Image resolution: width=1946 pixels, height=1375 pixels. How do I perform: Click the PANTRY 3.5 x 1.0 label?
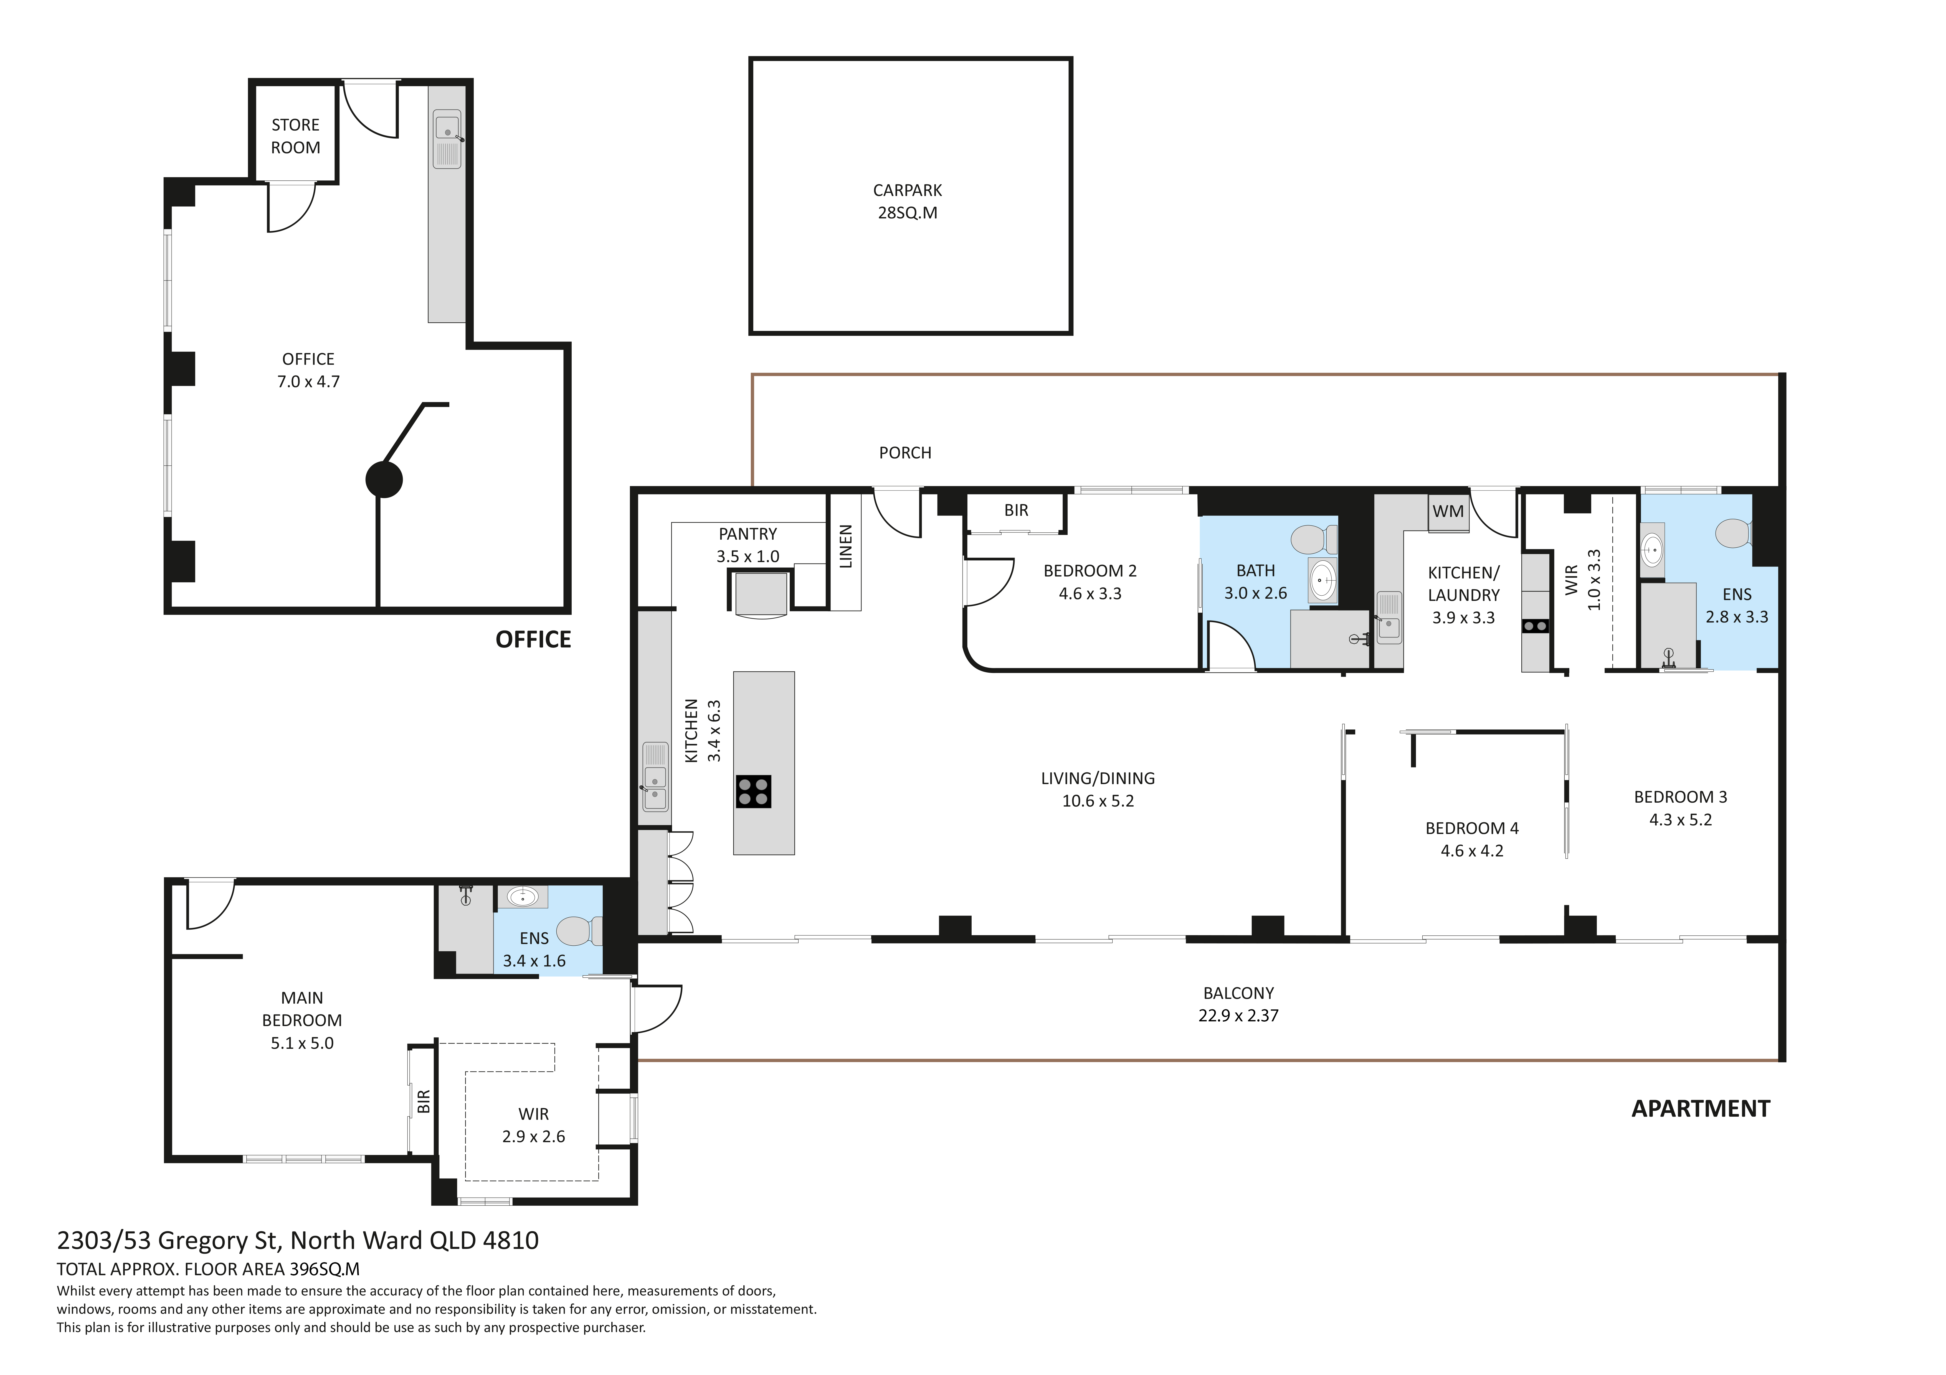tap(748, 545)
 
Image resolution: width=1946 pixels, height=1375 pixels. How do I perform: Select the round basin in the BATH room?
tap(1322, 580)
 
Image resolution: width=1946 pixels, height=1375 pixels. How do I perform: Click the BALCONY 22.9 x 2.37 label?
tap(1238, 1004)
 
